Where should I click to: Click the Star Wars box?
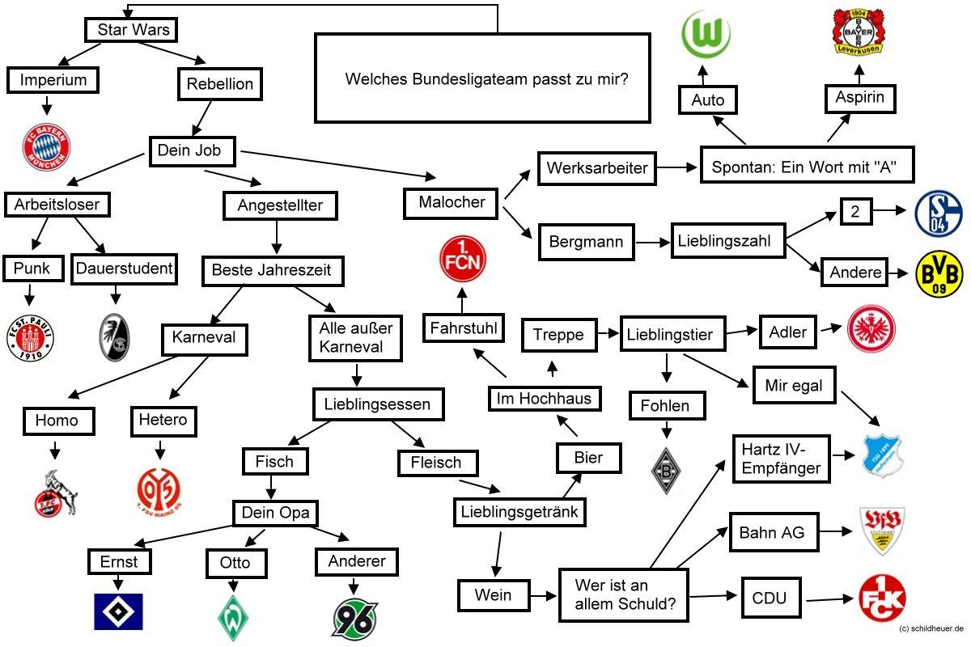(131, 31)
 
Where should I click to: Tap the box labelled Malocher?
(452, 202)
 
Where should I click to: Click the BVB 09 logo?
(939, 273)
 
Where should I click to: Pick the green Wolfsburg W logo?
(706, 34)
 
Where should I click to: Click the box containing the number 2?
(854, 212)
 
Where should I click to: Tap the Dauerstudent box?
(125, 268)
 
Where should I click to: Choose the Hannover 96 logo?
(354, 618)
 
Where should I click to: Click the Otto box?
(235, 562)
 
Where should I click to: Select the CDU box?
(770, 599)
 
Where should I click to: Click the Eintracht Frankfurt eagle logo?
(871, 328)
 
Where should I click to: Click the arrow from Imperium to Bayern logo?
(46, 106)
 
